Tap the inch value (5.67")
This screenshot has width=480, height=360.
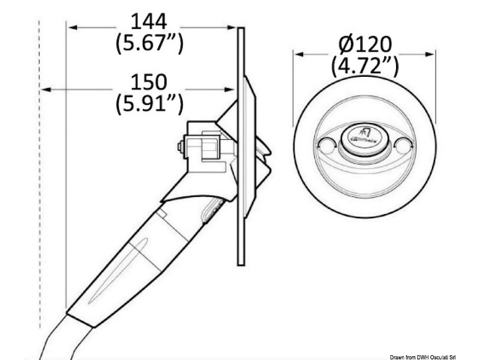click(148, 43)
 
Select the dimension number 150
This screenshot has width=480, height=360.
click(148, 82)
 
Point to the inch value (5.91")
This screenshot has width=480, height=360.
click(148, 103)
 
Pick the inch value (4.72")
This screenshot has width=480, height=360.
click(365, 65)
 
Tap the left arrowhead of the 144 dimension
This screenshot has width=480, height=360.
click(71, 27)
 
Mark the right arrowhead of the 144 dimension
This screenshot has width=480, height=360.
click(233, 27)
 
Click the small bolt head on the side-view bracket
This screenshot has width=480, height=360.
click(180, 146)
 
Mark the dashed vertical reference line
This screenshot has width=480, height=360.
click(40, 180)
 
